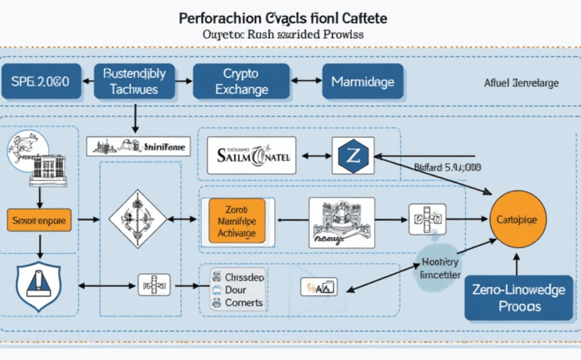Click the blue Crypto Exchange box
pyautogui.click(x=241, y=81)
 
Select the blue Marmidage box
pyautogui.click(x=362, y=81)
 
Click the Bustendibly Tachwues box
pyautogui.click(x=134, y=81)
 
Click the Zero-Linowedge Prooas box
pyautogui.click(x=519, y=298)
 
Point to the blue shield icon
pyautogui.click(x=39, y=286)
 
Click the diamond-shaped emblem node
pyautogui.click(x=137, y=219)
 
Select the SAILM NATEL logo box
pyautogui.click(x=251, y=156)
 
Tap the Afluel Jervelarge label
pyautogui.click(x=522, y=82)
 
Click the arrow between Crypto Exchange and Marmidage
pyautogui.click(x=305, y=81)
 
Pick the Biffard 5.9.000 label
pyautogui.click(x=447, y=167)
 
